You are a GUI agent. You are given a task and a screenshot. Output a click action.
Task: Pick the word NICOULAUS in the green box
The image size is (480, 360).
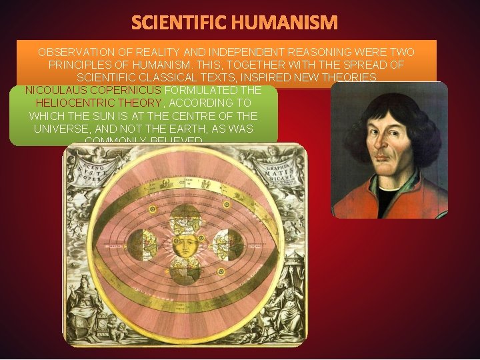[x=53, y=89]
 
